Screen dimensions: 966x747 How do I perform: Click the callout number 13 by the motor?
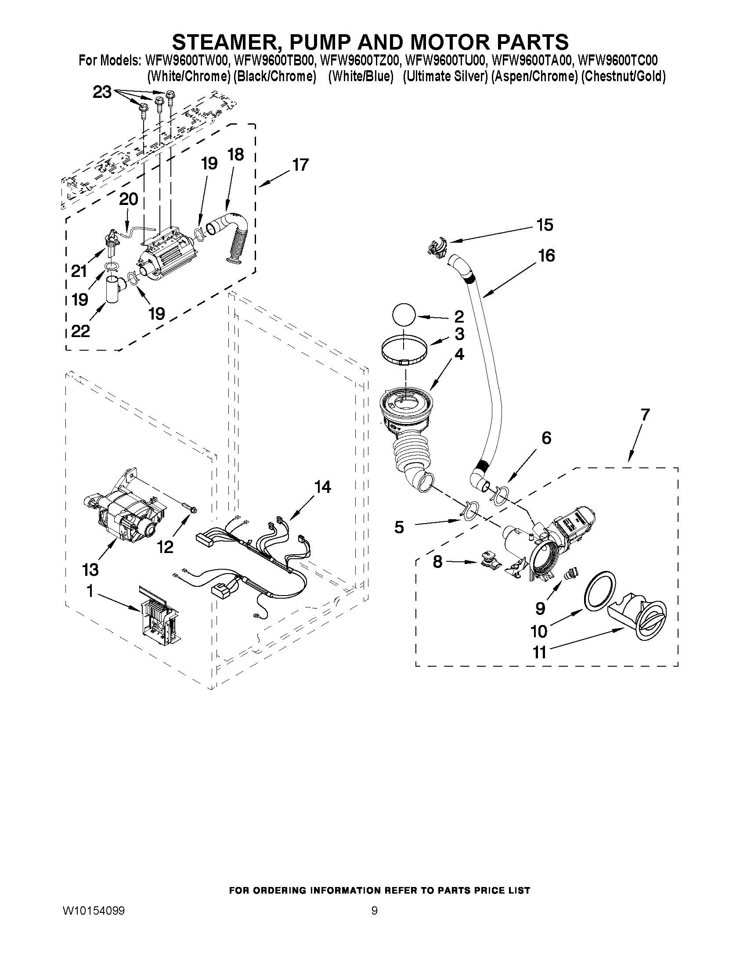(90, 569)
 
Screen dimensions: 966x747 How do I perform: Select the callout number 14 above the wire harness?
(322, 487)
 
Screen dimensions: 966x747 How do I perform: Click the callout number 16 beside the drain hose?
(547, 255)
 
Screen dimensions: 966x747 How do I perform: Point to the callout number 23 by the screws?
(102, 93)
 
